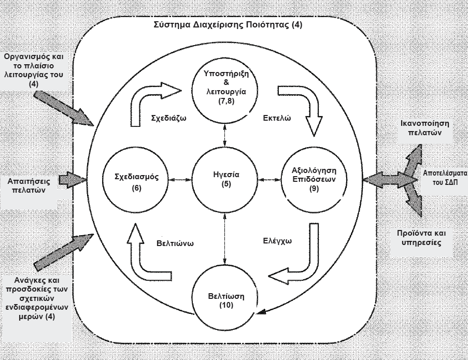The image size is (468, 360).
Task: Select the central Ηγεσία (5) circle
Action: click(x=224, y=179)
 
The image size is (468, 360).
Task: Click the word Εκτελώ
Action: click(x=276, y=118)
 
